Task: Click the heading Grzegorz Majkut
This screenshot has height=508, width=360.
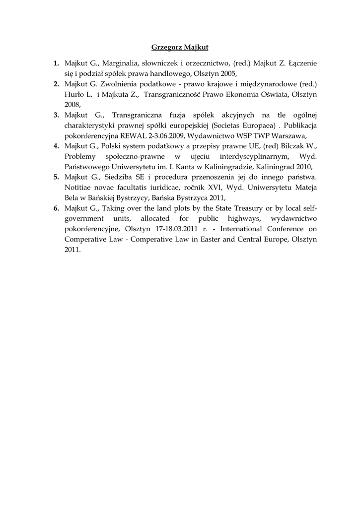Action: [180, 48]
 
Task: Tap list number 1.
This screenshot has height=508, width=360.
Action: [57, 63]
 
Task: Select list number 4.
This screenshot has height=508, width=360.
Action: [57, 146]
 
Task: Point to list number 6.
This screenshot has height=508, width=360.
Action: [57, 208]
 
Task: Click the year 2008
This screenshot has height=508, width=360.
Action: [72, 105]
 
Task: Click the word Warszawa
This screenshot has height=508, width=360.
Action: [288, 136]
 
